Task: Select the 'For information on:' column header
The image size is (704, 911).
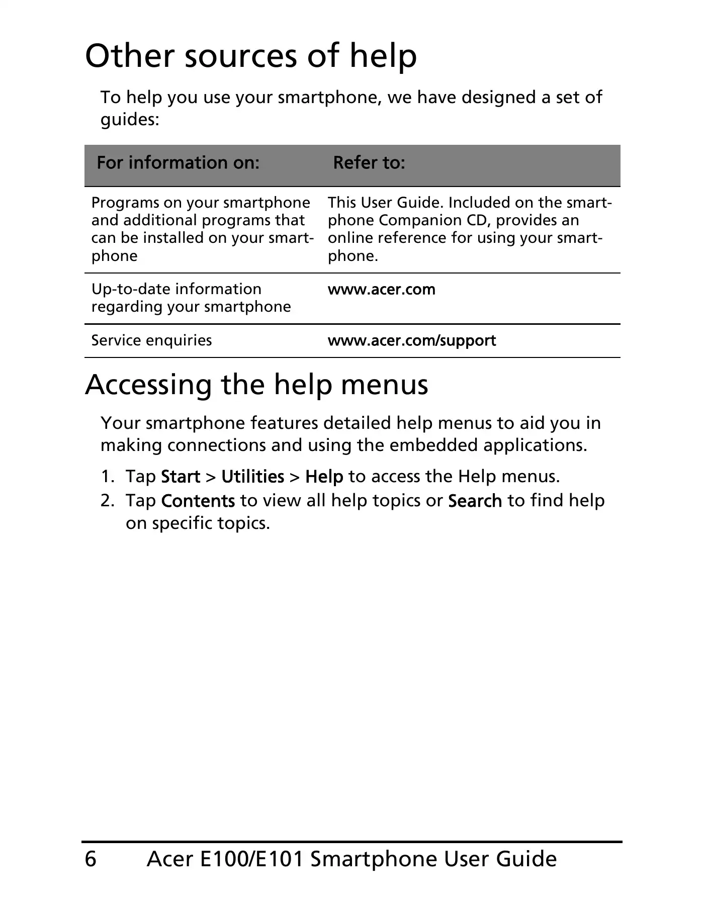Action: pyautogui.click(x=178, y=162)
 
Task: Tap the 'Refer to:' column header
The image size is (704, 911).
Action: pyautogui.click(x=369, y=162)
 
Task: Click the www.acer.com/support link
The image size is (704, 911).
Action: pyautogui.click(x=411, y=340)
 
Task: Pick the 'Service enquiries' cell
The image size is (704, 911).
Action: pyautogui.click(x=151, y=340)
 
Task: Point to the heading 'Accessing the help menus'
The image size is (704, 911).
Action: pyautogui.click(x=256, y=385)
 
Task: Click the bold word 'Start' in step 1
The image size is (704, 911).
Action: pyautogui.click(x=181, y=476)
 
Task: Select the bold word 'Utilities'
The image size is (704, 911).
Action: pyautogui.click(x=252, y=476)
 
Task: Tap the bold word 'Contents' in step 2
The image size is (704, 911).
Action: pyautogui.click(x=198, y=501)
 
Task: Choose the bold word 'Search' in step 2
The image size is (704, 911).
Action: pyautogui.click(x=475, y=501)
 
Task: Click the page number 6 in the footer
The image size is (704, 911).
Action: pyautogui.click(x=91, y=859)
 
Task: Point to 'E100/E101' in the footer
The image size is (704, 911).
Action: pyautogui.click(x=251, y=859)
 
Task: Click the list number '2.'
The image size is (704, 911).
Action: pyautogui.click(x=108, y=501)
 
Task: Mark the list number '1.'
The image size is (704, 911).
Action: pyautogui.click(x=108, y=476)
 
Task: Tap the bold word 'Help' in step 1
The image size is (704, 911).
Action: pyautogui.click(x=324, y=476)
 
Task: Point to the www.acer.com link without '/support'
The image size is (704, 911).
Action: pyautogui.click(x=381, y=290)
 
